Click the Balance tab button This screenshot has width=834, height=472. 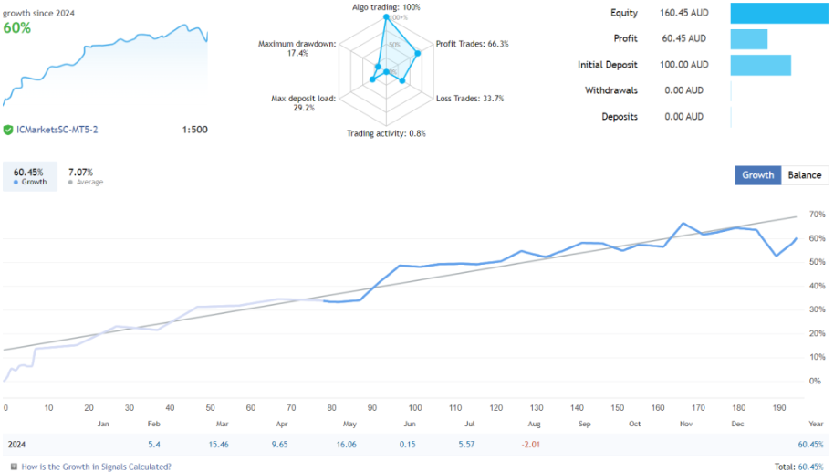tap(804, 175)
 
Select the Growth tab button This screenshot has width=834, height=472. tap(757, 175)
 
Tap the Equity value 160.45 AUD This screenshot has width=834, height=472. tap(683, 13)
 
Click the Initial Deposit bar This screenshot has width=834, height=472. tap(760, 65)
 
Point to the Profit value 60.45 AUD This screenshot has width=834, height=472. tap(683, 38)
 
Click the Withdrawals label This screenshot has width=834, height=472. tap(611, 90)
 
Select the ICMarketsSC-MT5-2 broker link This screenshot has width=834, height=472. tap(57, 130)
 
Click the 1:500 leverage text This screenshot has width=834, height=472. tap(194, 130)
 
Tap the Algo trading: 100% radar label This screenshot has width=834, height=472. tap(386, 7)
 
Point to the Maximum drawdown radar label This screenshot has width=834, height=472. tap(297, 47)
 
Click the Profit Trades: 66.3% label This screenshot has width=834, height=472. tap(472, 44)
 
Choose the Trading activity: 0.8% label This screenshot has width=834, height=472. tap(386, 133)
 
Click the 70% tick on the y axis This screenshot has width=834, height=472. tap(816, 215)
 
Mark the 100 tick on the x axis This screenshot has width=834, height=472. tap(415, 407)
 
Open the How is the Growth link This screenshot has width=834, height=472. tap(95, 466)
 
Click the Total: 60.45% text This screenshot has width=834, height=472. tap(798, 466)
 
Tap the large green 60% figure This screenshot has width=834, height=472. tap(16, 27)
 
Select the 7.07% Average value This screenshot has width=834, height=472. tap(81, 172)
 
